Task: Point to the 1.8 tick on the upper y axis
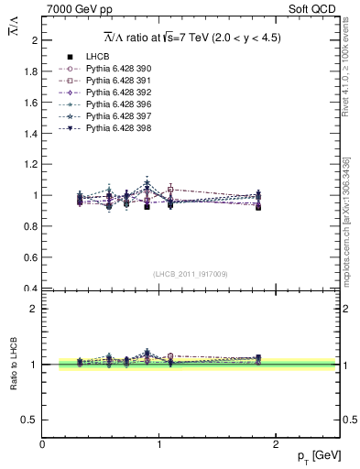[x=30, y=71]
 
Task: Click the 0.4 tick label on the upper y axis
[x=30, y=289]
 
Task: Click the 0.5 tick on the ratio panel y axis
[x=30, y=420]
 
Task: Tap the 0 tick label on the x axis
[x=42, y=444]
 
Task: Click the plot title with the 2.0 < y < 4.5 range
[x=191, y=38]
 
